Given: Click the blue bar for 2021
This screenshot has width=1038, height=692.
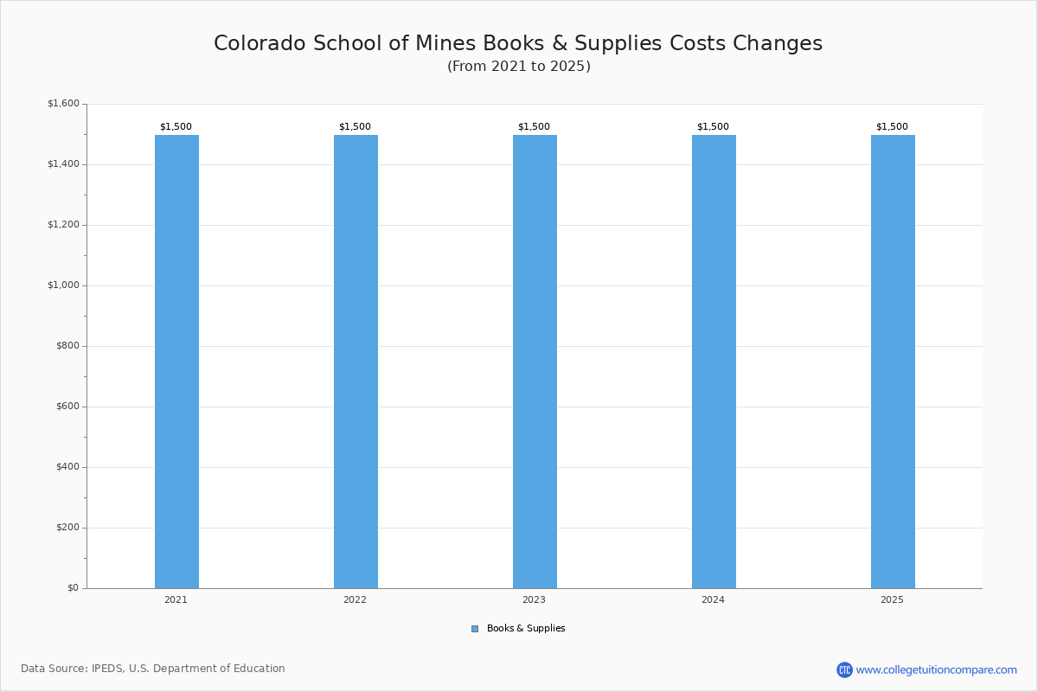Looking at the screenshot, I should [176, 362].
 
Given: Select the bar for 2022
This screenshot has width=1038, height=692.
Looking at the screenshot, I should [356, 362].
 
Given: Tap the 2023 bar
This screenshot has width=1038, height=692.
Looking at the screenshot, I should [535, 362].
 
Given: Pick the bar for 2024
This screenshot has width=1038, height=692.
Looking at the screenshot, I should [714, 362].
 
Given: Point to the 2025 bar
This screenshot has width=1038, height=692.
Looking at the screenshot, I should [893, 362].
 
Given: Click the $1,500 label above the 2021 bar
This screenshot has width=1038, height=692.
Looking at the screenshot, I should [176, 126].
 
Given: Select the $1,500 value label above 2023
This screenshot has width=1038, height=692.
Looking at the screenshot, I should [534, 126].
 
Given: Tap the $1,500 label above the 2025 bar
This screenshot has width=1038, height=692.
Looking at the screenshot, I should [892, 126].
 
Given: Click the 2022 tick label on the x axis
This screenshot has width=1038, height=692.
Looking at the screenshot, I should [355, 599].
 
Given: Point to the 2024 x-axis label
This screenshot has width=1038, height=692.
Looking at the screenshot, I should [713, 599].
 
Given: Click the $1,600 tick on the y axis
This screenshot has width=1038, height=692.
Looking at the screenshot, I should [63, 104].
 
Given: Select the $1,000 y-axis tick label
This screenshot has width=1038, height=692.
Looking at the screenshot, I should [63, 285].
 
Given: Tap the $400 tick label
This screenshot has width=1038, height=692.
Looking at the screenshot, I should [67, 467].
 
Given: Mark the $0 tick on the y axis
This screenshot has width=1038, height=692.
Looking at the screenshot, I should [73, 588].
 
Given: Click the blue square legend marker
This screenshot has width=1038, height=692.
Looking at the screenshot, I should [475, 629].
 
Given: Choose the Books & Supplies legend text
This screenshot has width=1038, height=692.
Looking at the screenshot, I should [526, 629].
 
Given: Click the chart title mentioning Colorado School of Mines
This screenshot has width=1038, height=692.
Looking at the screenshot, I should [518, 43].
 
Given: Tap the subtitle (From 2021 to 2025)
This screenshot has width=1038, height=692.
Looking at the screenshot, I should [518, 67].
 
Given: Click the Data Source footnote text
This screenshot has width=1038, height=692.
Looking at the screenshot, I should [153, 669].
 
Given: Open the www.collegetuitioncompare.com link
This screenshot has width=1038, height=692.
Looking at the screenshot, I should [936, 670].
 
